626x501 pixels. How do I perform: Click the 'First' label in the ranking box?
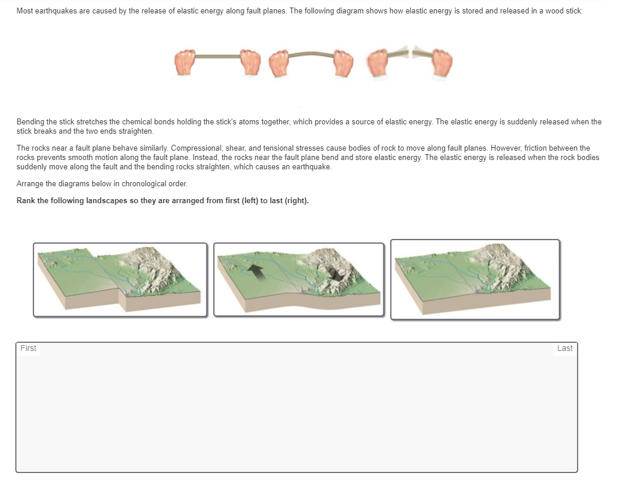pyautogui.click(x=28, y=349)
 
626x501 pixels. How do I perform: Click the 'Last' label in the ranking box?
pyautogui.click(x=564, y=349)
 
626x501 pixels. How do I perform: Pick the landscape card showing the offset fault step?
pyautogui.click(x=120, y=280)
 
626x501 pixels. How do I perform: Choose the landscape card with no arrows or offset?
pyautogui.click(x=475, y=279)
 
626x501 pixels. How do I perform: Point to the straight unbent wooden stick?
pyautogui.click(x=218, y=57)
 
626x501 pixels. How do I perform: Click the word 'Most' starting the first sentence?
pyautogui.click(x=25, y=11)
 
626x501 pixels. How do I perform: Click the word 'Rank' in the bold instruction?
pyautogui.click(x=26, y=201)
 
